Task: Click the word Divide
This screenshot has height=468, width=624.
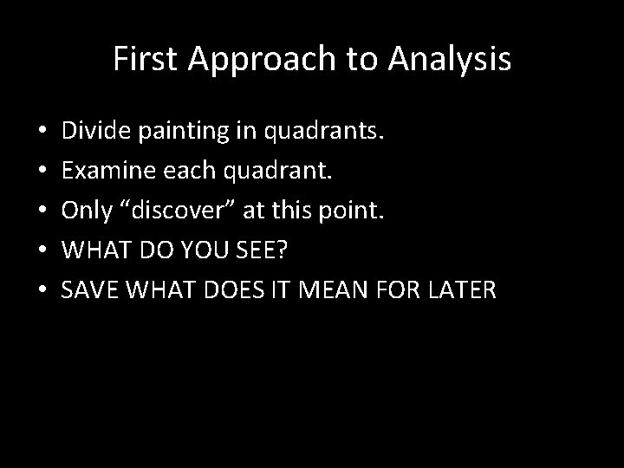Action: [96, 133]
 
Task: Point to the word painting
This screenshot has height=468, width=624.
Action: [176, 133]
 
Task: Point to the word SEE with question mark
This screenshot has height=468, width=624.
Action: [266, 250]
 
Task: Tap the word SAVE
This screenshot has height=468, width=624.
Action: [90, 289]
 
